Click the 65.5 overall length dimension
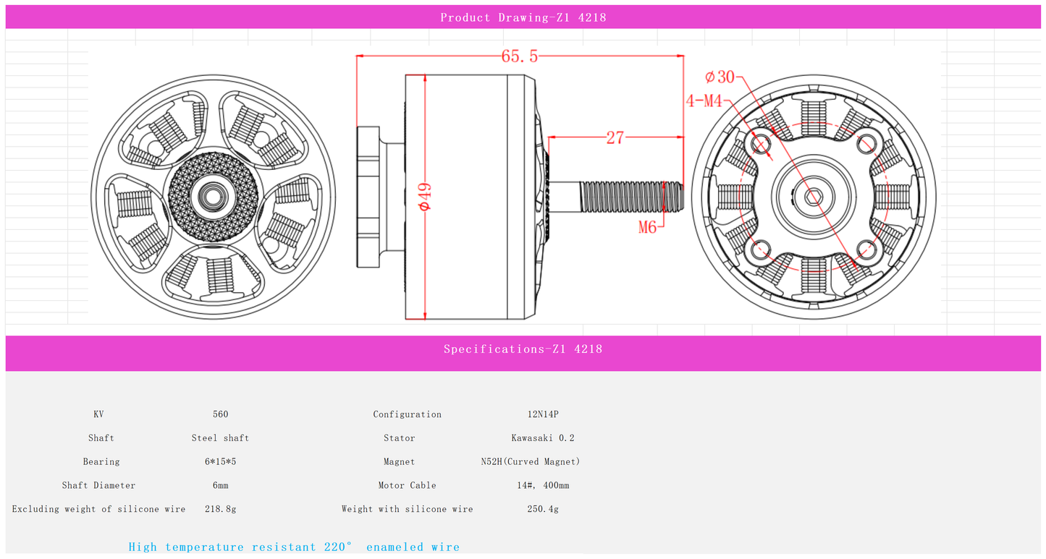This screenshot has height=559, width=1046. pyautogui.click(x=519, y=56)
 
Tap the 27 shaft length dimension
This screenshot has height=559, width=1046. pyautogui.click(x=615, y=137)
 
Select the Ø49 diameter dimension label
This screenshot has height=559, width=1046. pyautogui.click(x=424, y=197)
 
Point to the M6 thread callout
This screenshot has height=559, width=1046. pyautogui.click(x=647, y=227)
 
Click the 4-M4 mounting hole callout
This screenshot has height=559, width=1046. pyautogui.click(x=704, y=101)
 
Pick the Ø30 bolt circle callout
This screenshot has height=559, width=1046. pyautogui.click(x=720, y=77)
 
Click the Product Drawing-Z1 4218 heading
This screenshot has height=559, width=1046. pyautogui.click(x=523, y=18)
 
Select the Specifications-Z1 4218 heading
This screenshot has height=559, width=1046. pyautogui.click(x=523, y=349)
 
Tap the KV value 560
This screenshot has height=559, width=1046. pyautogui.click(x=220, y=414)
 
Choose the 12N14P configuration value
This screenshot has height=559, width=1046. pyautogui.click(x=543, y=414)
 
